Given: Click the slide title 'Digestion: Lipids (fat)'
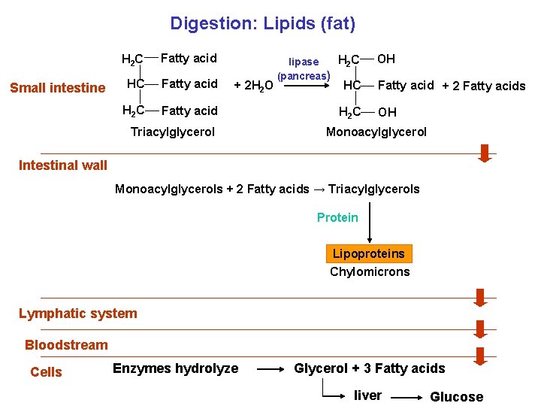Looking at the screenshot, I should click(x=262, y=23).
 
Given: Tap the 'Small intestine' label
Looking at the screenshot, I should click(x=58, y=88).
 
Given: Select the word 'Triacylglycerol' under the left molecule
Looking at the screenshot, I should click(x=173, y=132).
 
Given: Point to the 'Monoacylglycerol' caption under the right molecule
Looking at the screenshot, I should click(x=376, y=132).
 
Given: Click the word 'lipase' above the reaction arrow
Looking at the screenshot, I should click(x=304, y=62).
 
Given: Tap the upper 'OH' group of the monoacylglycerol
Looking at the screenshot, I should click(x=386, y=59).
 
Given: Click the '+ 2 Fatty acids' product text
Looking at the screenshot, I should click(x=485, y=86).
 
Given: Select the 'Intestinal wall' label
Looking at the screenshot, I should click(x=63, y=165).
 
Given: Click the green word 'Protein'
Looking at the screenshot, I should click(x=337, y=217).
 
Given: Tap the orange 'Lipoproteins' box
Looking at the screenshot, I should click(x=370, y=253).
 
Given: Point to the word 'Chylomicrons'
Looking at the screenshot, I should click(x=370, y=271).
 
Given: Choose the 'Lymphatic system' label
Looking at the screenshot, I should click(x=78, y=314).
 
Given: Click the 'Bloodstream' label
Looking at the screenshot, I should click(x=66, y=345).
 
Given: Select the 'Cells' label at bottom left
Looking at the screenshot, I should click(x=46, y=372).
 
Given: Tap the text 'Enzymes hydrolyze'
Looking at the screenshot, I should click(x=175, y=368).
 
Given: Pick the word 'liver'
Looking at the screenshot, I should click(x=367, y=395).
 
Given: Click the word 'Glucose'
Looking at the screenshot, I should click(x=456, y=396).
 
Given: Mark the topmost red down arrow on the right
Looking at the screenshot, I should click(x=485, y=153).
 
